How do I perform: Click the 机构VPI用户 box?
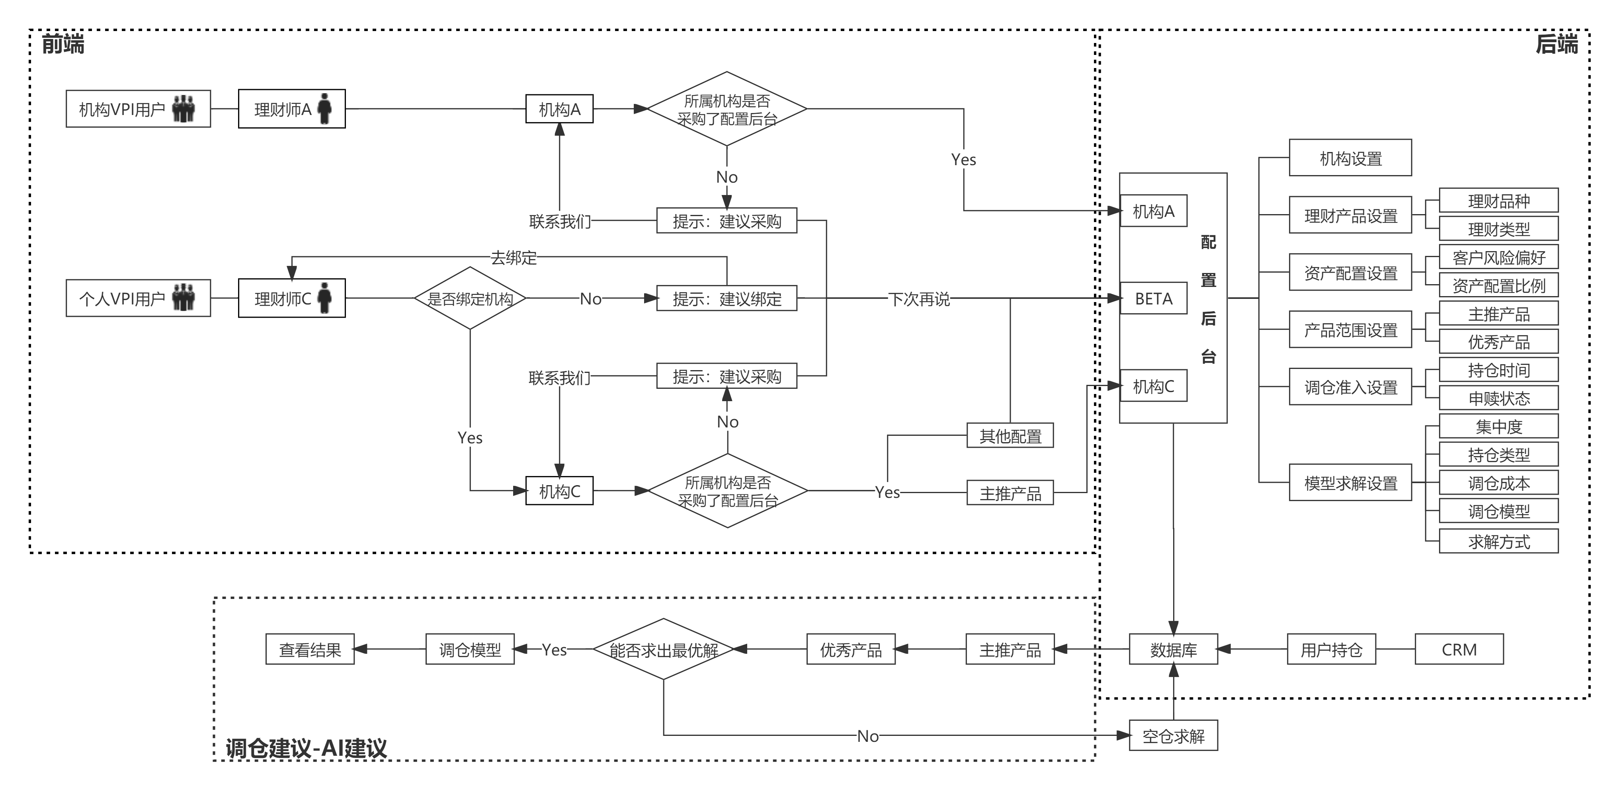click(138, 109)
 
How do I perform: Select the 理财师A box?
click(292, 109)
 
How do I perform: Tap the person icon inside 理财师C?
click(324, 298)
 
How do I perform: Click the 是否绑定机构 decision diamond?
click(470, 298)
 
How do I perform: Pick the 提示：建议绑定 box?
click(726, 298)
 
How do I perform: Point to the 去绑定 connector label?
click(514, 257)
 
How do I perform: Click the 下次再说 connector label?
click(919, 299)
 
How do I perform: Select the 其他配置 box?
click(1010, 435)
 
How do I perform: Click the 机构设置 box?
click(1350, 158)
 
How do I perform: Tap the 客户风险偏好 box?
click(1498, 257)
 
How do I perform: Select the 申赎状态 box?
click(1498, 398)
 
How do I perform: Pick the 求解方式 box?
click(1498, 541)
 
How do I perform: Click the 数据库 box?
click(1174, 649)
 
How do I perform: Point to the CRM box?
click(1459, 649)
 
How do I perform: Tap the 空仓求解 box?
click(1174, 735)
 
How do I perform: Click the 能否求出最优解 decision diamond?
click(664, 649)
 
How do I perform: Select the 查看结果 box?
click(310, 649)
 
